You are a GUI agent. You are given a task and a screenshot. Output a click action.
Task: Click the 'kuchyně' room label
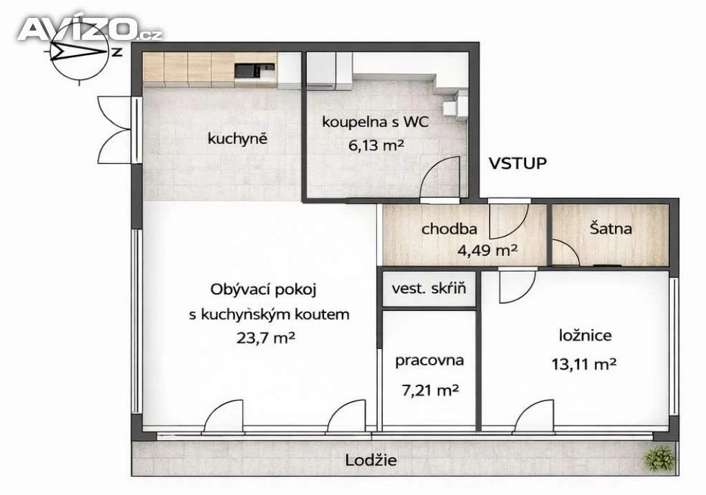237,139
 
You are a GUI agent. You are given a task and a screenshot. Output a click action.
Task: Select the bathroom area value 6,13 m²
376,145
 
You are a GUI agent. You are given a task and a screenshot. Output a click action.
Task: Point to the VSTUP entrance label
517,163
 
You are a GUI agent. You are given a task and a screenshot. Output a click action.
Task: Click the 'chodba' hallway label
449,229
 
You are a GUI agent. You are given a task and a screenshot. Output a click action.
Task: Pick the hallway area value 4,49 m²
487,250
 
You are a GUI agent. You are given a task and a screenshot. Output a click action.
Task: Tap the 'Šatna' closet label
611,228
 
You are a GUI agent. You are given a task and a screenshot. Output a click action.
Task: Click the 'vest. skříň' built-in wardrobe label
429,288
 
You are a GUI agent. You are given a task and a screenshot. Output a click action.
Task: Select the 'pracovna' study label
429,361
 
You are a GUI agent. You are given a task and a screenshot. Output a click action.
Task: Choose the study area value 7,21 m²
430,390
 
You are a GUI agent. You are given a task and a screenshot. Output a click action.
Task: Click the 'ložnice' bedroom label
585,336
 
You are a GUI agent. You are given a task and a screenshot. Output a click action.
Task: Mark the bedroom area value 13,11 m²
584,363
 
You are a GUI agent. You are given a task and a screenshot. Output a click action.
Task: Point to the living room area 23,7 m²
265,337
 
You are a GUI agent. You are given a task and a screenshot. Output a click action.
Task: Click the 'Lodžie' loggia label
371,461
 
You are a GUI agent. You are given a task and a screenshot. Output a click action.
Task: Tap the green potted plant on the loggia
660,459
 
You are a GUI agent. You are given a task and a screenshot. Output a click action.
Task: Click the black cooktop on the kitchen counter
248,71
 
